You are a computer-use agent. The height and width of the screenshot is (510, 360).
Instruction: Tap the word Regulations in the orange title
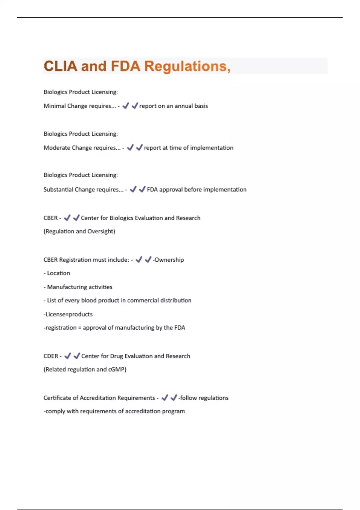[x=187, y=66]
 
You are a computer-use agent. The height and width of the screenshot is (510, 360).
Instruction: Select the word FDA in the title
[x=125, y=66]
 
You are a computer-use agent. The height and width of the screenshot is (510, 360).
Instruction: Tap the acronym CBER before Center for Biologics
[x=50, y=218]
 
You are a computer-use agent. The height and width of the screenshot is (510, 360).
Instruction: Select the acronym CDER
[x=51, y=356]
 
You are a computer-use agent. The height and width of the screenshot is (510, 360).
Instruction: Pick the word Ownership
[x=169, y=260]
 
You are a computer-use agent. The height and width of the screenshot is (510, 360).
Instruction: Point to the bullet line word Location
[x=58, y=273]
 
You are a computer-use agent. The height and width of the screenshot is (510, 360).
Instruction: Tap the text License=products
[x=68, y=314]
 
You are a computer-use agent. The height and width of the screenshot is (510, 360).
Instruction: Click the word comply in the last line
[x=55, y=411]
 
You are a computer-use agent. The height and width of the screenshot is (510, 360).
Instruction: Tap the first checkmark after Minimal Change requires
[x=126, y=106]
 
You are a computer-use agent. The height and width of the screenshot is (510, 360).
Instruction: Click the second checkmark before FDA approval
[x=142, y=189]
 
